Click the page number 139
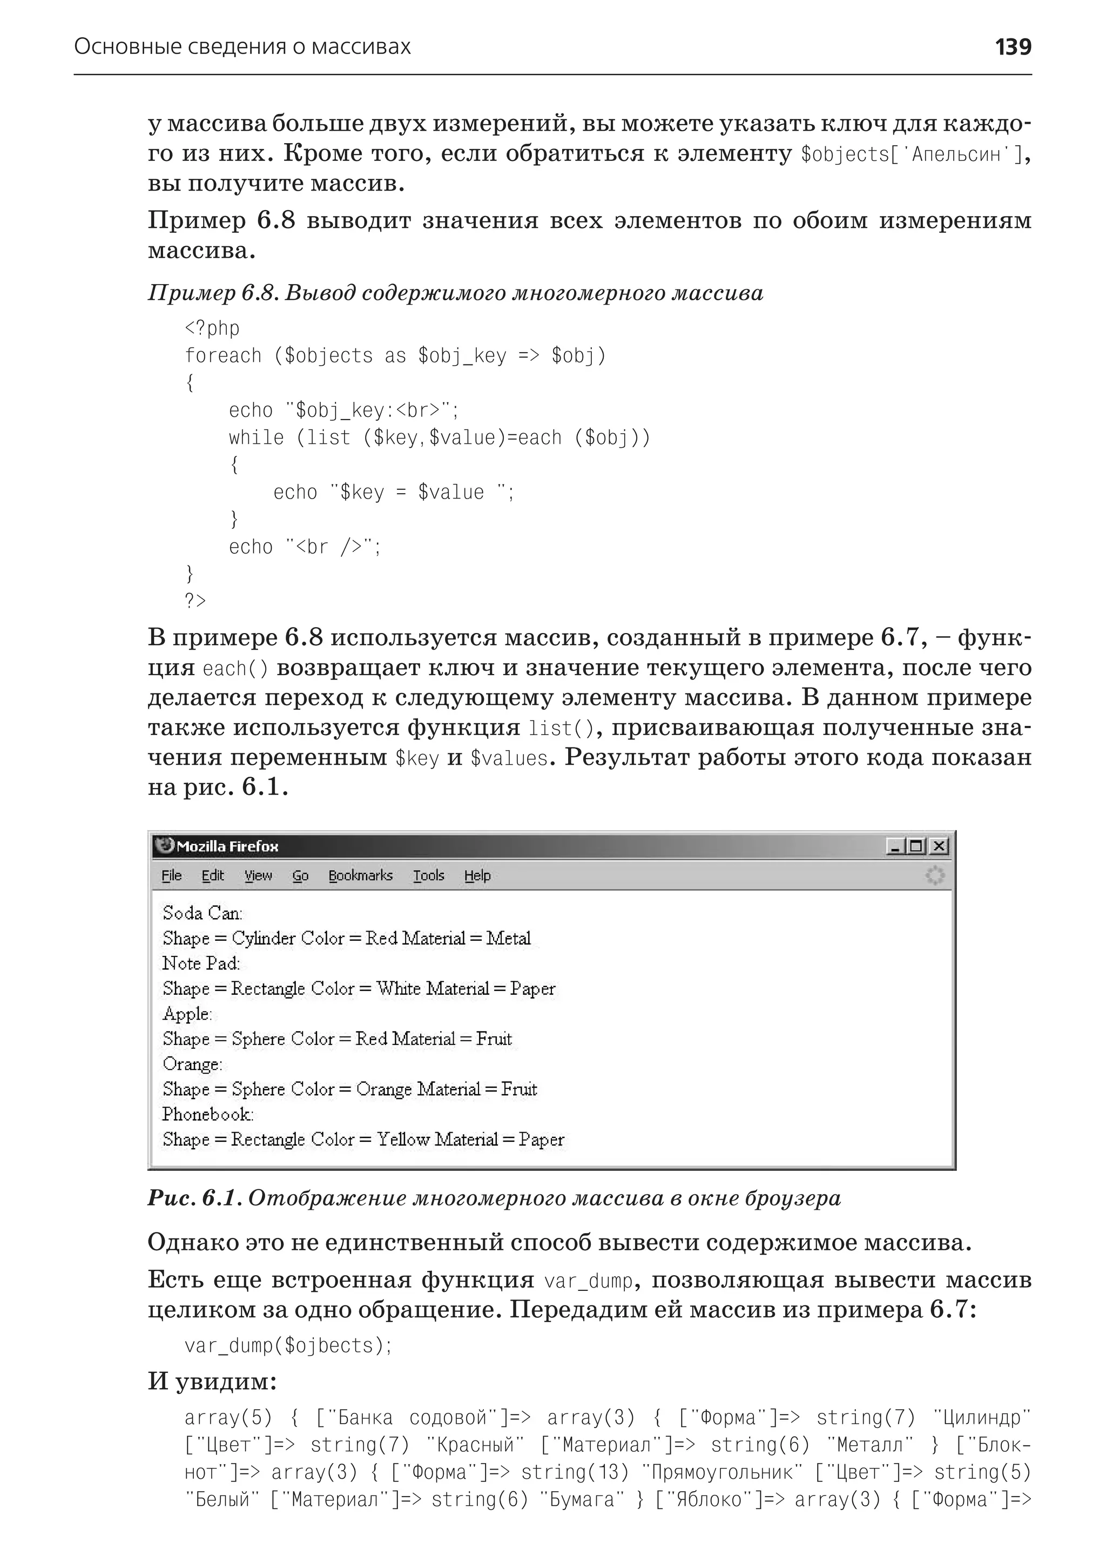pyautogui.click(x=1012, y=47)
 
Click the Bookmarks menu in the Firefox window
pyautogui.click(x=360, y=875)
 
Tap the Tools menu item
pyautogui.click(x=428, y=875)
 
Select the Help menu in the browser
pyautogui.click(x=477, y=875)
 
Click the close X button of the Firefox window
pyautogui.click(x=939, y=846)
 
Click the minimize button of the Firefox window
pyautogui.click(x=895, y=846)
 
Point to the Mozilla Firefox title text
pyautogui.click(x=227, y=846)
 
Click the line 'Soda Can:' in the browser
pyautogui.click(x=203, y=913)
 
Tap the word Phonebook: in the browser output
pyautogui.click(x=207, y=1114)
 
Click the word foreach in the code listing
pyautogui.click(x=222, y=355)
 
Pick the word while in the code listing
pyautogui.click(x=256, y=437)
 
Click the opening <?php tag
pyautogui.click(x=212, y=328)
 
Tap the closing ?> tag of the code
pyautogui.click(x=195, y=601)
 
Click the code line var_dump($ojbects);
pyautogui.click(x=288, y=1345)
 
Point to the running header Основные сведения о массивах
pyautogui.click(x=242, y=47)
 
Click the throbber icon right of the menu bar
pyautogui.click(x=935, y=875)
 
